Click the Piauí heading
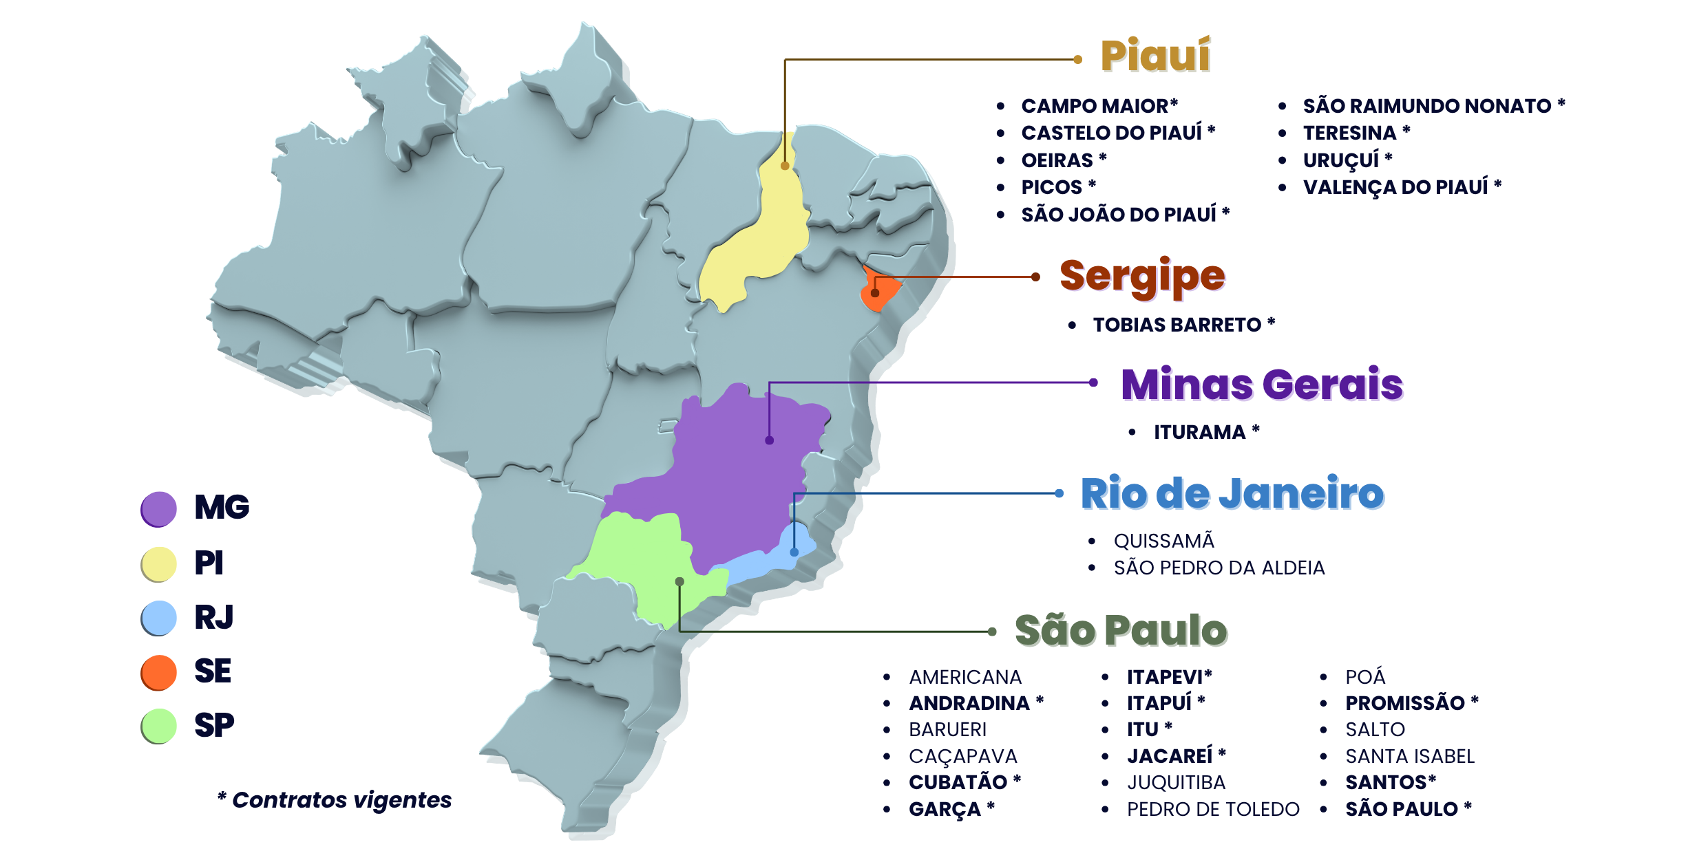tap(1155, 56)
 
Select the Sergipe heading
tap(1142, 277)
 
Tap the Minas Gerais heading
tap(1261, 384)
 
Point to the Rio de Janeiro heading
tap(1232, 493)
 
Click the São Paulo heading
tap(1121, 630)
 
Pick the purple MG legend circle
tap(159, 509)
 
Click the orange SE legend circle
tap(159, 672)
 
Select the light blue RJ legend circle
tap(159, 618)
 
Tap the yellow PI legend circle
tap(159, 564)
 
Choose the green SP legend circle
tap(159, 726)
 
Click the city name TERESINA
tap(1349, 133)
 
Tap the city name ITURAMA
tap(1199, 432)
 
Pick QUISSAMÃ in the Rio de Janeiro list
tap(1163, 541)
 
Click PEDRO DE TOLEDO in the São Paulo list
tap(1213, 809)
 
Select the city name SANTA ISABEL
tap(1410, 756)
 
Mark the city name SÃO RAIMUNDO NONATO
tap(1426, 106)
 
